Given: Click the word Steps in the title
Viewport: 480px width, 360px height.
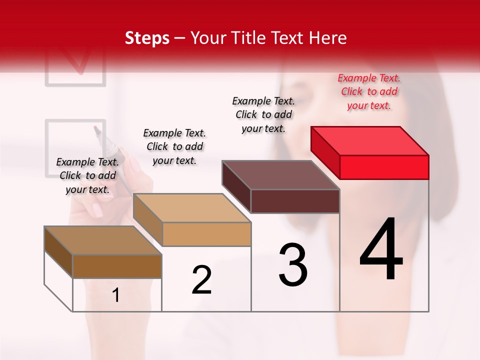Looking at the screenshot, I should pos(146,38).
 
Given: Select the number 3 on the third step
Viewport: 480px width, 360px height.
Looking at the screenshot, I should pos(293,265).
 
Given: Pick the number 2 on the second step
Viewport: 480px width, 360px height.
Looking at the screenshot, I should pos(202,279).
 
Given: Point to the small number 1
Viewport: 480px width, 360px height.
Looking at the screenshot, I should pos(116,295).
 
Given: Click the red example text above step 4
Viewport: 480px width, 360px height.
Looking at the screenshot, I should pos(369,91).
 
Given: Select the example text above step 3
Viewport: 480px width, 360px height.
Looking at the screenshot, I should pos(263,114).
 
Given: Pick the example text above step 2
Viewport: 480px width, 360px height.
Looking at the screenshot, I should pos(174,146).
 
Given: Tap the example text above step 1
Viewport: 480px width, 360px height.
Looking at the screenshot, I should pos(87,175).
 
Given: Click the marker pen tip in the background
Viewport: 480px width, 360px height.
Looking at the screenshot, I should pos(97,131).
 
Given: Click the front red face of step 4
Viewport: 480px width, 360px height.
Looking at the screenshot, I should pos(384,167).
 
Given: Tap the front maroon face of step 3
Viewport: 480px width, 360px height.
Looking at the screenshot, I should pos(295,201).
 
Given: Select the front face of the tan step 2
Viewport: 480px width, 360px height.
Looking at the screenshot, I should pos(206,234).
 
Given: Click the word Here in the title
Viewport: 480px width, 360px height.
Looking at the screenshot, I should pos(328,38).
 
